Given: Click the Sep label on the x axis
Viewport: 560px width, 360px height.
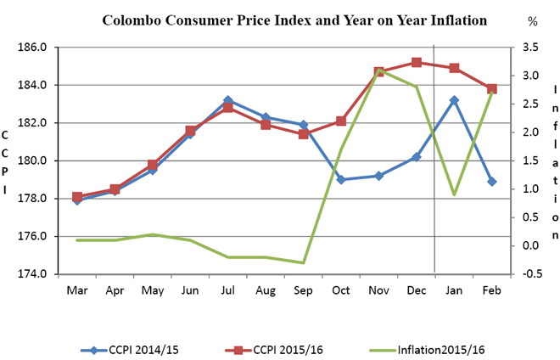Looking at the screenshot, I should pyautogui.click(x=303, y=290).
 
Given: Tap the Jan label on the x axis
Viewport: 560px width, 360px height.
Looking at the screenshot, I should pyautogui.click(x=454, y=290).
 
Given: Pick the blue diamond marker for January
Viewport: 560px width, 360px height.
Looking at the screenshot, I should pyautogui.click(x=454, y=100).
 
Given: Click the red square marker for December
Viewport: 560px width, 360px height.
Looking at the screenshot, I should pyautogui.click(x=417, y=62).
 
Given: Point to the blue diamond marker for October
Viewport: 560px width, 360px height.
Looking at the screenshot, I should pyautogui.click(x=341, y=179).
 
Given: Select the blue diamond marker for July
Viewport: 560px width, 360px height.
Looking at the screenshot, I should pyautogui.click(x=227, y=100).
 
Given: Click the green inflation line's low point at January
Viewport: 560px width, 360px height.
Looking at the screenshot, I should pyautogui.click(x=454, y=194).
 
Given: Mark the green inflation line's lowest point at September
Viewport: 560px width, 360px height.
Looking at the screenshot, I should pyautogui.click(x=303, y=262).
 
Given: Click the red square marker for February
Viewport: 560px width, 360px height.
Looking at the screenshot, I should pyautogui.click(x=492, y=88).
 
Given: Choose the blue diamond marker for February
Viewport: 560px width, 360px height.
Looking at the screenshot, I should pyautogui.click(x=492, y=182).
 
